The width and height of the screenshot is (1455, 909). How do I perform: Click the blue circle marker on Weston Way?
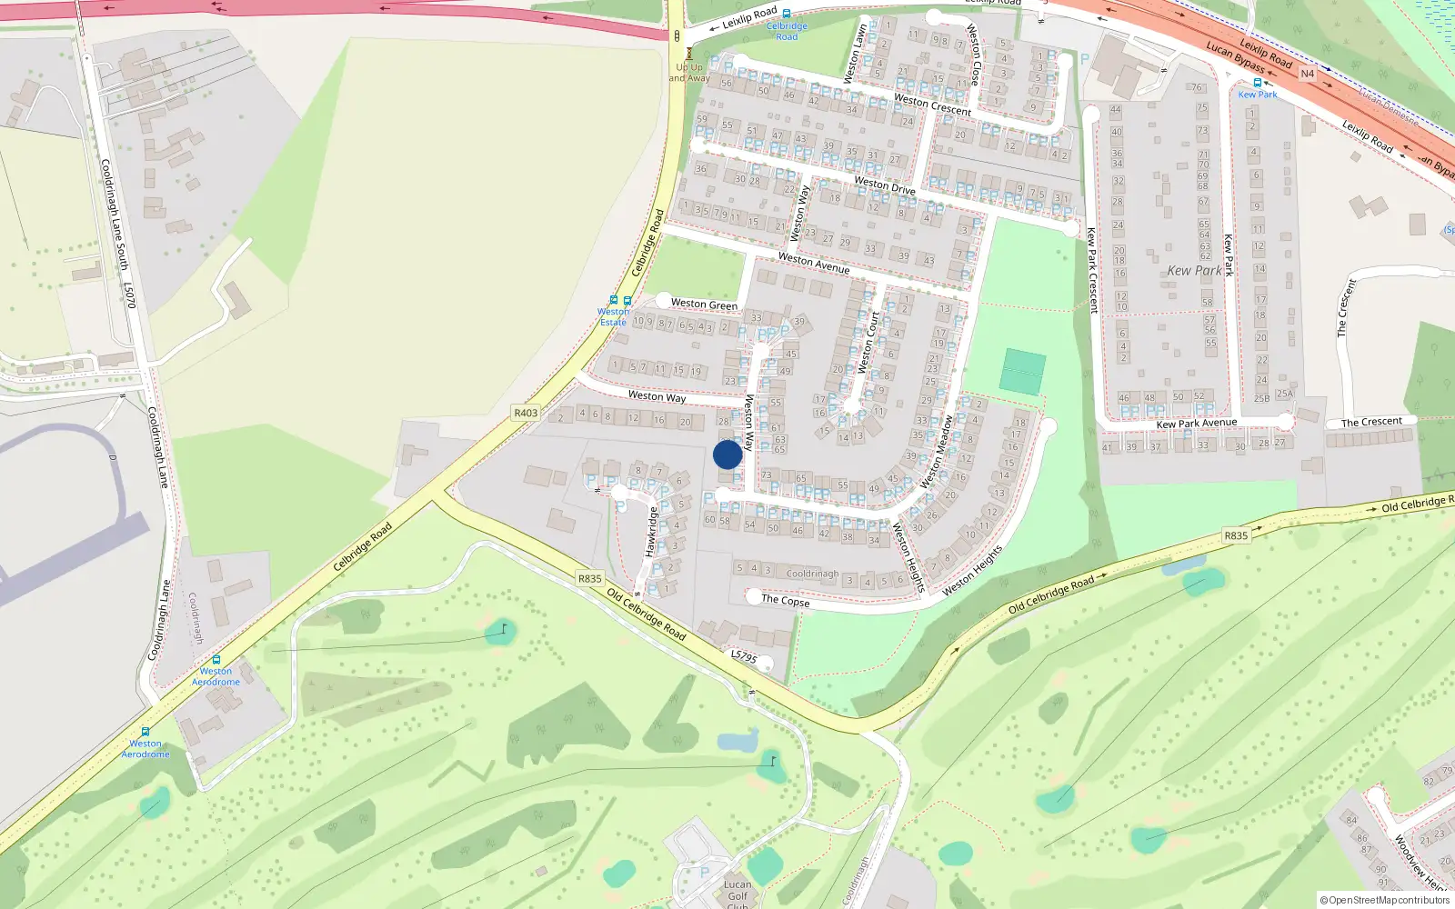(x=727, y=454)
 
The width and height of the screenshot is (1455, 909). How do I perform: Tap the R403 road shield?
(x=526, y=413)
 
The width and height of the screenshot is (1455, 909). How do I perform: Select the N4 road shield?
(x=1307, y=74)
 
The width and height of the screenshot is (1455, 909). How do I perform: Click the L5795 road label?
(x=744, y=656)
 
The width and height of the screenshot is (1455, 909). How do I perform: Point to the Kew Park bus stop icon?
(x=1258, y=83)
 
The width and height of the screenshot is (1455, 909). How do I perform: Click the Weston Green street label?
(x=704, y=305)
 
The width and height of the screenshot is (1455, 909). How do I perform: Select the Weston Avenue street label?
(x=814, y=264)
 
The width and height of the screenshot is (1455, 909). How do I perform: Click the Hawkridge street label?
(x=651, y=532)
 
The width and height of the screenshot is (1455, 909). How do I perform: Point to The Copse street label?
(x=785, y=601)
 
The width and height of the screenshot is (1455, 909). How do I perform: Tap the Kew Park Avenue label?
(x=1197, y=424)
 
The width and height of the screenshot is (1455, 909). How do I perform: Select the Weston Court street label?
(x=869, y=343)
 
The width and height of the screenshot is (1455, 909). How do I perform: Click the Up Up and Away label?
(x=690, y=72)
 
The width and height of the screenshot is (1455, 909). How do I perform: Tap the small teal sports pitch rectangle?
(x=1023, y=372)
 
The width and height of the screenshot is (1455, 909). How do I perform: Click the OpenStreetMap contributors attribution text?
(x=1384, y=900)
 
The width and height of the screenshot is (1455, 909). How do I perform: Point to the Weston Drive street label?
(x=884, y=185)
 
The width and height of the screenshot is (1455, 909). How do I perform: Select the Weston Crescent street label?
(x=932, y=105)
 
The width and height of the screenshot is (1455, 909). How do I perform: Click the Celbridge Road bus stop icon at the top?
(x=787, y=14)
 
